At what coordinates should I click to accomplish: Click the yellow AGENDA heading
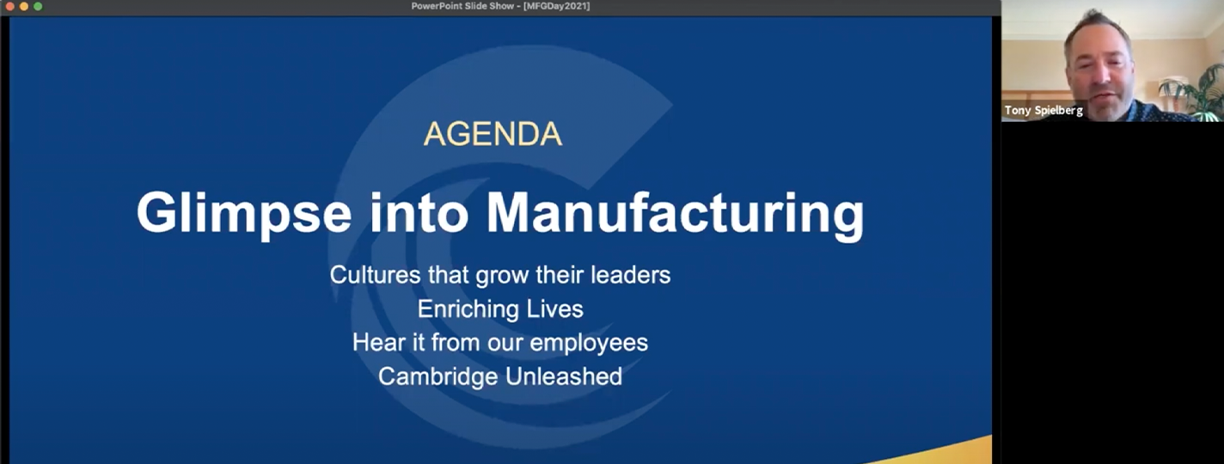pos(493,134)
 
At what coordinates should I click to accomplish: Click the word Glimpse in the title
pos(244,214)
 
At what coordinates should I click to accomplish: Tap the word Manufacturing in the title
pos(676,214)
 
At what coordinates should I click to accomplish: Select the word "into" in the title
pos(419,212)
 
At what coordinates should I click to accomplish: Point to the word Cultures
pos(375,274)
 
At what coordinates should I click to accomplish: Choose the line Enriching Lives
pos(500,308)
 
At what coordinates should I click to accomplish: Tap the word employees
pos(589,343)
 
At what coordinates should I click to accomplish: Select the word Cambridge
pos(438,376)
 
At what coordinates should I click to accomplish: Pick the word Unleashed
pos(563,376)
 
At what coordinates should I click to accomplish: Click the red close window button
pos(9,7)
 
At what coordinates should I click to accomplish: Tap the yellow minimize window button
pos(24,7)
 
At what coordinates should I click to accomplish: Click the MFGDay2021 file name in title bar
pos(556,6)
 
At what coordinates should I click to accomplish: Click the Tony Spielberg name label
pos(1043,110)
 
